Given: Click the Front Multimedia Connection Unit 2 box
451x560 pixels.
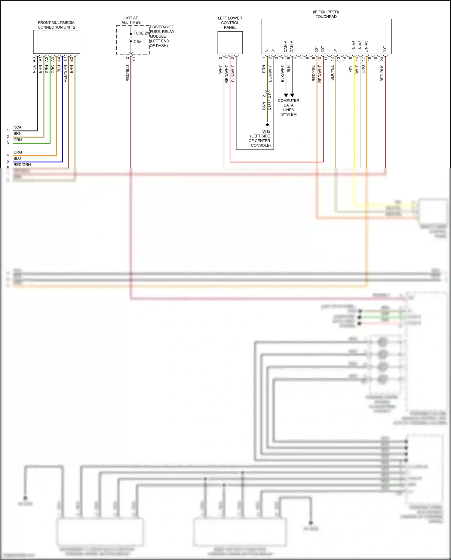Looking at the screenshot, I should coord(57,42).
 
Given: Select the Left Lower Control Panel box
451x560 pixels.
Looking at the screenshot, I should coord(230,43).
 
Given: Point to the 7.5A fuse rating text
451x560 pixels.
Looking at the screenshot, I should coord(137,42).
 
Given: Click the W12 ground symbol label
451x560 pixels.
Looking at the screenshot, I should coord(266,131).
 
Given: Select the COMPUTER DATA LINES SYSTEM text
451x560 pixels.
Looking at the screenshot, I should coord(289,107).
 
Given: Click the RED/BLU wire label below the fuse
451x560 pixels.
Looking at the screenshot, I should coord(127,73).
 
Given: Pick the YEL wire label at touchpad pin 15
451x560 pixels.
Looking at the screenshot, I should coord(351,69).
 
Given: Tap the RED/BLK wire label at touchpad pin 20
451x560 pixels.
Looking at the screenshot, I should coord(382,73).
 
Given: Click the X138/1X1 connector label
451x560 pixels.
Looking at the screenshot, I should coord(270,102).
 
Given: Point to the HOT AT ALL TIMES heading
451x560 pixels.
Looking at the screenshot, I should coord(131,20).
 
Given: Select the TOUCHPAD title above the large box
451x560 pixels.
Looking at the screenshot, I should coord(326,17).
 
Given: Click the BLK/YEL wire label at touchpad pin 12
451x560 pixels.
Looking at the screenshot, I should coord(332,73).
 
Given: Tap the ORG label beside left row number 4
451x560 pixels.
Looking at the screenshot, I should coord(18,152).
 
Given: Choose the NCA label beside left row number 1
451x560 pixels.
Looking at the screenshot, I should coord(17,127).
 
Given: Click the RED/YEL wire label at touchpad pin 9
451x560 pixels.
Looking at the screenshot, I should coord(314,73).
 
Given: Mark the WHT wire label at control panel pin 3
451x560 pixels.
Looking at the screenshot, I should coord(220,70).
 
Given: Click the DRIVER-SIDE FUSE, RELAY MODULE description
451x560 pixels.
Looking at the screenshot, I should coord(162,36).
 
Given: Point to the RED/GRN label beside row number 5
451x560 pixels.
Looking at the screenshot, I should coord(22,165).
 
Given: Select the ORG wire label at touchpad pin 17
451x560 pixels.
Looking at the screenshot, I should coord(363,69).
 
